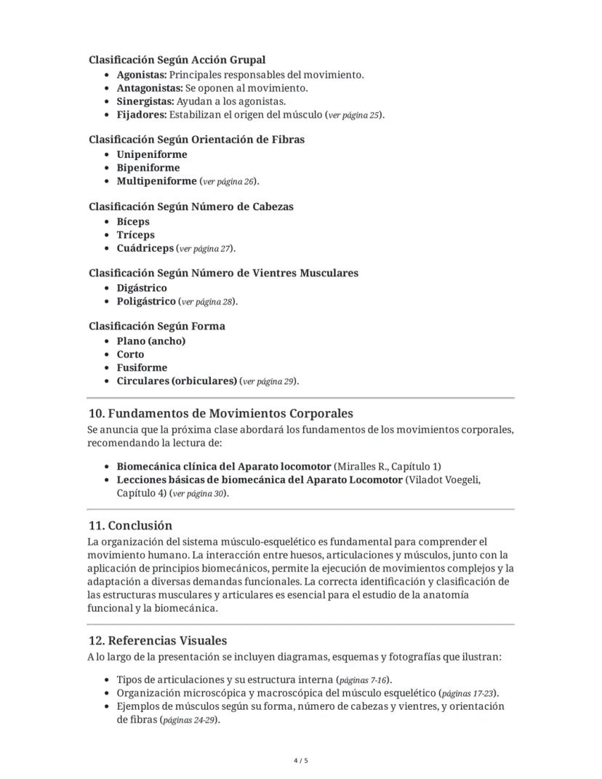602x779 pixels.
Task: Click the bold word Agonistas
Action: point(141,75)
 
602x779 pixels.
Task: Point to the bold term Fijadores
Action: point(141,115)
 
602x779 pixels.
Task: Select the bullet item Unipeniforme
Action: point(151,154)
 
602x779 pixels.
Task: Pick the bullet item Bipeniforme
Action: point(148,167)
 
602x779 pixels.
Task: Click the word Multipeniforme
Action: point(156,181)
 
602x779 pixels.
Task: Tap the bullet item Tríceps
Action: point(135,235)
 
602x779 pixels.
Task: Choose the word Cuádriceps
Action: point(145,248)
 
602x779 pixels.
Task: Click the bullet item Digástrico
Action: point(141,288)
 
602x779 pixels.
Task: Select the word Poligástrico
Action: point(146,301)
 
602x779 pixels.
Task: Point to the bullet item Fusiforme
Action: point(142,367)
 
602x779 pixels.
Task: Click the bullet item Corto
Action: point(130,354)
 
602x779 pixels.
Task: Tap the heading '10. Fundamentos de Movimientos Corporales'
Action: point(220,414)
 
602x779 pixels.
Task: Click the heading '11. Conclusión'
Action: point(129,525)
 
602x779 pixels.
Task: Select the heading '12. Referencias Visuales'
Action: point(157,641)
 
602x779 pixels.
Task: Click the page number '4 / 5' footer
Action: point(301,761)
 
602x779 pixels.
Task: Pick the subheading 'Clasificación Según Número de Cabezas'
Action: point(190,207)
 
